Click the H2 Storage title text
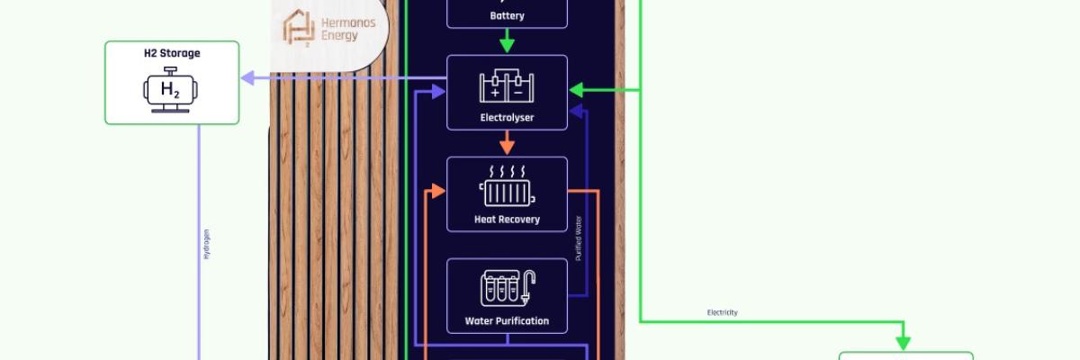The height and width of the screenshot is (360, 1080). coord(172,53)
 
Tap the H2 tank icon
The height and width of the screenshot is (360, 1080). coord(172,91)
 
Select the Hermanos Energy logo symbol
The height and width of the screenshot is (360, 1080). coord(298,26)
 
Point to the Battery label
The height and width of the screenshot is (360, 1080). coord(507,15)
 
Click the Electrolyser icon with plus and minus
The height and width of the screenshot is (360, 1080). coord(507,86)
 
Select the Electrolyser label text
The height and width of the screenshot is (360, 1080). coord(507,117)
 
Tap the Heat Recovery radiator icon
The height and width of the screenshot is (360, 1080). coord(507,186)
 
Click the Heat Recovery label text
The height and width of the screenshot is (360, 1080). coord(507,219)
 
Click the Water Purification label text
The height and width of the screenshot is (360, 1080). coord(507,320)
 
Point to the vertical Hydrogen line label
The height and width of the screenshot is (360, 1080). coord(206,244)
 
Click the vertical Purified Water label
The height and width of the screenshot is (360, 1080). coord(579,238)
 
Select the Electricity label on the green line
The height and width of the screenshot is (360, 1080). coord(722,312)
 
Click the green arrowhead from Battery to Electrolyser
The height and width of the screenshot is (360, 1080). coord(507,45)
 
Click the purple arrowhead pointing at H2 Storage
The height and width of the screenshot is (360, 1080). coord(248,79)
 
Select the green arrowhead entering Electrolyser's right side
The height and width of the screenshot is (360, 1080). coord(576,90)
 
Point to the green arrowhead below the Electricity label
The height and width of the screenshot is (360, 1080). coord(902,343)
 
